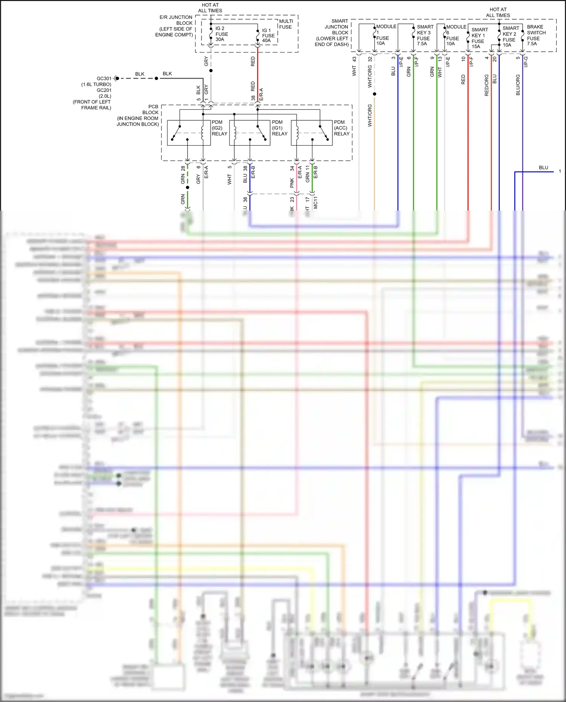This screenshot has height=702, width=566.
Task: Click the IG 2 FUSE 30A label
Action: point(221,34)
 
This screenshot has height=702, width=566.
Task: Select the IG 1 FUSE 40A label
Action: point(268,35)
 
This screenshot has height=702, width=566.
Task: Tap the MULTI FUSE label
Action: point(286,24)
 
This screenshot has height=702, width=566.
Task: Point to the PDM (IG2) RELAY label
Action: point(219,128)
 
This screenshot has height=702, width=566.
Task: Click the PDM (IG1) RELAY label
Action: point(279,128)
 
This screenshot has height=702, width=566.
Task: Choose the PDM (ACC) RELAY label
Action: point(341,128)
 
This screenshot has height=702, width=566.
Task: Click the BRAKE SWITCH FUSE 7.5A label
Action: point(536,35)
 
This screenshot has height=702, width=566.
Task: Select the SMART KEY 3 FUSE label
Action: point(424,35)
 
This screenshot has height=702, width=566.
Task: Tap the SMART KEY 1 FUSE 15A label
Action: point(479,38)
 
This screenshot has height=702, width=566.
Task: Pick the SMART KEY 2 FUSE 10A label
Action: point(511,37)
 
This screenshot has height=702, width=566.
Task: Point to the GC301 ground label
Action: point(104,78)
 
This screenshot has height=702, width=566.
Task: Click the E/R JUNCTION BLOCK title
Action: point(176,20)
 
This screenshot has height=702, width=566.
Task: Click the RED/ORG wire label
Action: point(486,85)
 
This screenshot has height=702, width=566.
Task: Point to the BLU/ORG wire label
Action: point(518,85)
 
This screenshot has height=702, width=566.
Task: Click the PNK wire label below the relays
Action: point(292,183)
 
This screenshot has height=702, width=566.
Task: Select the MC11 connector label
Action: point(315,203)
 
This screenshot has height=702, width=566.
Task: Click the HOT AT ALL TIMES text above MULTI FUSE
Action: point(210,8)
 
